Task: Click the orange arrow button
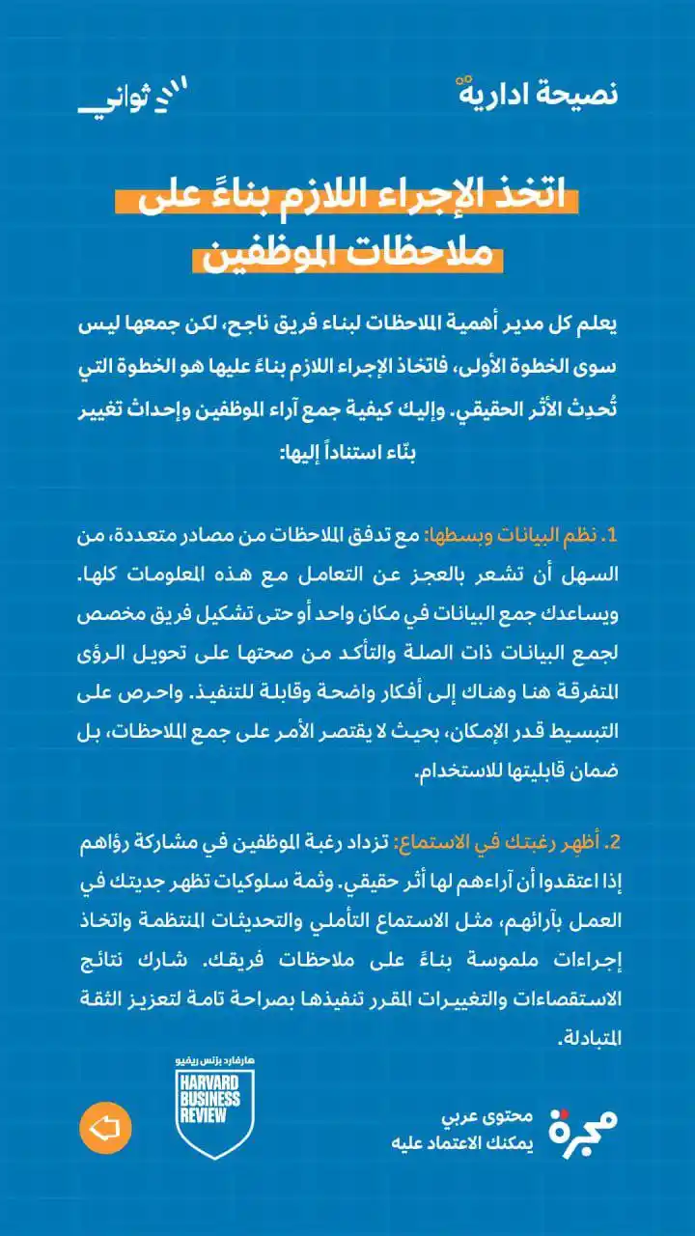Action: [x=105, y=1127]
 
